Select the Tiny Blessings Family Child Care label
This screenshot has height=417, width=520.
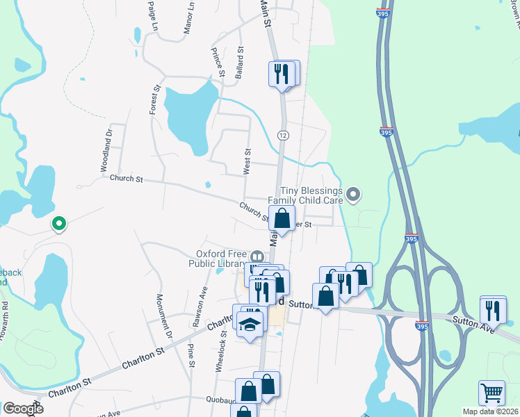tap(312, 195)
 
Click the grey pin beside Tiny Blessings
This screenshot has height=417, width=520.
tap(354, 195)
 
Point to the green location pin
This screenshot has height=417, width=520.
tap(59, 223)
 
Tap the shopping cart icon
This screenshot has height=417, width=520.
tap(491, 393)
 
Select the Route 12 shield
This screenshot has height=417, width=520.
tap(282, 133)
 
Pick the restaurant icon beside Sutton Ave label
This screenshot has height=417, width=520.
tap(493, 310)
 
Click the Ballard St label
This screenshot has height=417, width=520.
tap(239, 63)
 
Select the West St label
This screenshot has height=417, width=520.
tap(247, 161)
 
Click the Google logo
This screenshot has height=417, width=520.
tap(23, 409)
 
